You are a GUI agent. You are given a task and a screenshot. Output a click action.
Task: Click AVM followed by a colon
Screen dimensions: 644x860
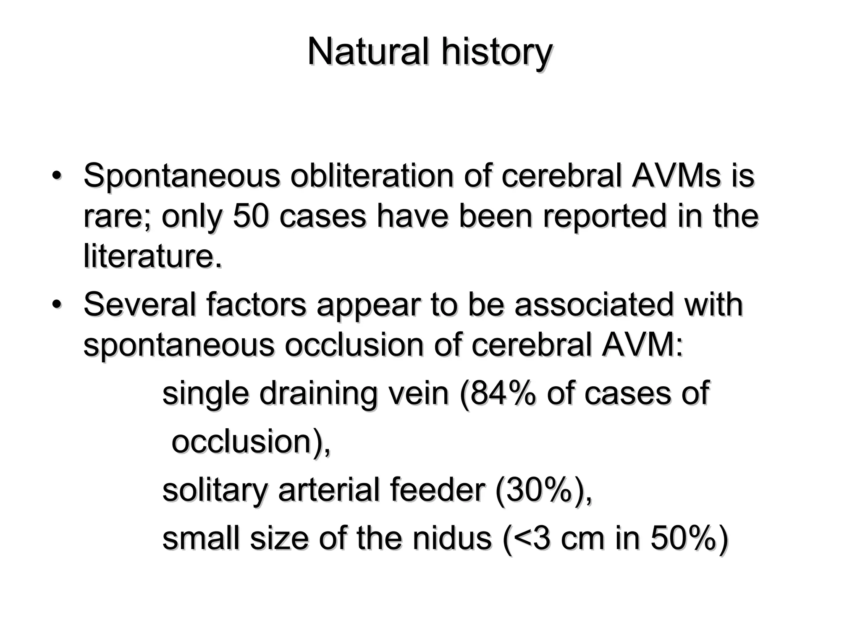[x=642, y=345]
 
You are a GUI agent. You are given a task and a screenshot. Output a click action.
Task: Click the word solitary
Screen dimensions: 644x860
[x=215, y=491]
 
